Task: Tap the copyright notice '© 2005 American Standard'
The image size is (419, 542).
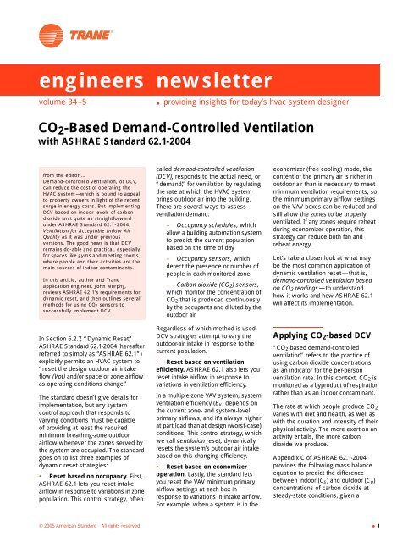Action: [x=51, y=526]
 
